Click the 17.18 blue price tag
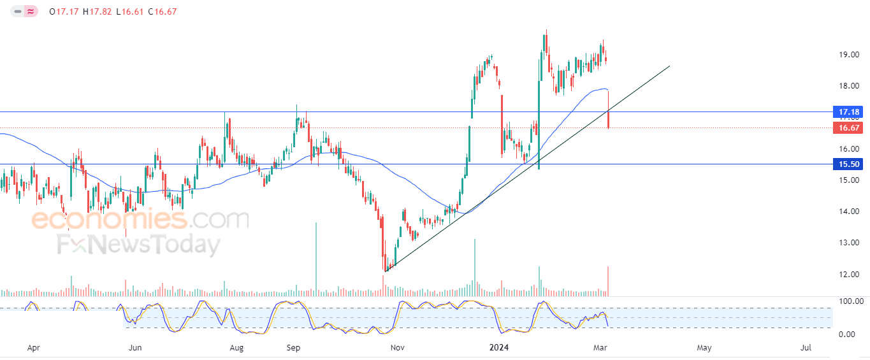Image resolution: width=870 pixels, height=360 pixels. click(x=848, y=112)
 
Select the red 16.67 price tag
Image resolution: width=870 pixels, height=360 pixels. click(x=848, y=128)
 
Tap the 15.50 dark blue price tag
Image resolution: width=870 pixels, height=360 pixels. click(x=848, y=164)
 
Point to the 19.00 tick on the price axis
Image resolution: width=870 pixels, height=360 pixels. click(x=848, y=54)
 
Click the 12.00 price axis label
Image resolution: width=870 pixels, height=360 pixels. click(x=848, y=274)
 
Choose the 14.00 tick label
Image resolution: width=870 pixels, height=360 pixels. click(x=848, y=212)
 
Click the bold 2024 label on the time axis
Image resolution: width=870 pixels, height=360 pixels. click(x=498, y=347)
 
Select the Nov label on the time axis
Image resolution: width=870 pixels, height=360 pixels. click(x=397, y=347)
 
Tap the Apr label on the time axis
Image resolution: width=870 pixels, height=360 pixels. click(x=33, y=348)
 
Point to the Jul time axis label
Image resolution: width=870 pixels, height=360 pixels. click(x=806, y=347)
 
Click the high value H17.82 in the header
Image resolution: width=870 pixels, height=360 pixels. click(x=97, y=11)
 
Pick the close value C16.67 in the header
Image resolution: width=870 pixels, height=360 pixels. click(x=163, y=11)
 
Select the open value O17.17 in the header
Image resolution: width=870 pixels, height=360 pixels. click(x=64, y=11)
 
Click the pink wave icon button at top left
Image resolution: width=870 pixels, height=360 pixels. click(x=31, y=11)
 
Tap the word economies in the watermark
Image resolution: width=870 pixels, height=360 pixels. click(x=110, y=219)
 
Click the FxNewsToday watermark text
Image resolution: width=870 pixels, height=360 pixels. click(x=139, y=245)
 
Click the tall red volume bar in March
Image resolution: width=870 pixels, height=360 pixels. click(x=608, y=282)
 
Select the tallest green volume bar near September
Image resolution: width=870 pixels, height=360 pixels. click(x=316, y=259)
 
